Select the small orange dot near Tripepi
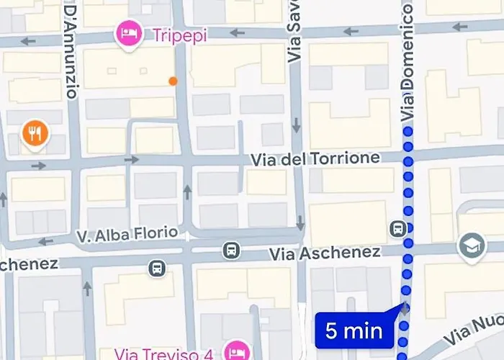[x=173, y=81]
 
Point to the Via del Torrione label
[x=315, y=158]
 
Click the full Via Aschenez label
[x=324, y=253]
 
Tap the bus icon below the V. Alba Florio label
[x=157, y=269]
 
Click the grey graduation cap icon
[x=470, y=247]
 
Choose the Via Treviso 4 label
[x=166, y=354]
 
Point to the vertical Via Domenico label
[x=408, y=61]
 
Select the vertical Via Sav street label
[x=295, y=32]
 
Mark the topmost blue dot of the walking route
[x=408, y=132]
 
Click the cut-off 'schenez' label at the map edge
[x=28, y=264]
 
